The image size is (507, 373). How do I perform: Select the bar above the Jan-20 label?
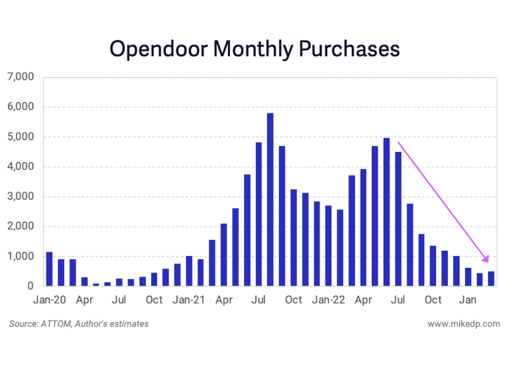pyautogui.click(x=49, y=269)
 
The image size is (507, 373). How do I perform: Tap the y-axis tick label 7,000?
pyautogui.click(x=21, y=77)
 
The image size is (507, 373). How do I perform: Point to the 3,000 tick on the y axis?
pyautogui.click(x=21, y=197)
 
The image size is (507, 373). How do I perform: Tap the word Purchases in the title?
pyautogui.click(x=349, y=50)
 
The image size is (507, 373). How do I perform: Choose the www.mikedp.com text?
pyautogui.click(x=464, y=324)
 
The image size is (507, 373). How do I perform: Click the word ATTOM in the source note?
pyautogui.click(x=53, y=324)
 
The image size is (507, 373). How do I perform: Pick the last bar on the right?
pyautogui.click(x=491, y=279)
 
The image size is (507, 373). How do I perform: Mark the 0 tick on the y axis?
pyautogui.click(x=30, y=286)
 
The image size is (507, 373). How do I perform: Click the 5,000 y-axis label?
pyautogui.click(x=21, y=137)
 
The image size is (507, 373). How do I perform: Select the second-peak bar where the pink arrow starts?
pyautogui.click(x=386, y=212)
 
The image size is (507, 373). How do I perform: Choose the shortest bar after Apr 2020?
pyautogui.click(x=96, y=285)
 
